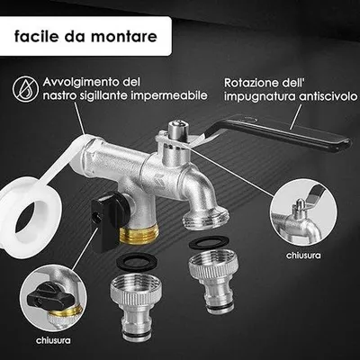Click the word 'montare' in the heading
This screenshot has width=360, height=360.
[x=123, y=36]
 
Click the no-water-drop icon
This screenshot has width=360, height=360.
[x=25, y=88]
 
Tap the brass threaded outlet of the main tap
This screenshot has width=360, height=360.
[x=138, y=235]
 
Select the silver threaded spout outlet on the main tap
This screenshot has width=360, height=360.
[x=205, y=217]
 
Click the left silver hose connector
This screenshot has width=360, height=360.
[x=136, y=306]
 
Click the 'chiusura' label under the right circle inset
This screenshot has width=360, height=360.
[x=303, y=256]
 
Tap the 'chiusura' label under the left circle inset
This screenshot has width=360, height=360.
[x=53, y=340]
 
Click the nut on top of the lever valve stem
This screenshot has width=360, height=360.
[x=176, y=127]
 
